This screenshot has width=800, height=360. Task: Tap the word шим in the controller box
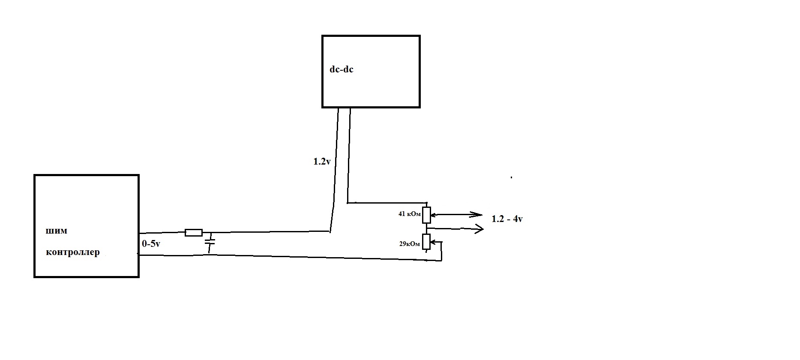click(57, 231)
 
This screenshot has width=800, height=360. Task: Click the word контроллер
click(73, 252)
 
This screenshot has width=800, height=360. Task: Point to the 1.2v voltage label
click(322, 162)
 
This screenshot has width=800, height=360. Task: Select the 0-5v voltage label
click(151, 244)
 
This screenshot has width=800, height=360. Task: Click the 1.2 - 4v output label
click(507, 219)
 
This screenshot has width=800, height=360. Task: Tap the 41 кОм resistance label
click(410, 213)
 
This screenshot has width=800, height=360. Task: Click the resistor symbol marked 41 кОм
click(426, 215)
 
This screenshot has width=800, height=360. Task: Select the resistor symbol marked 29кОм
click(426, 242)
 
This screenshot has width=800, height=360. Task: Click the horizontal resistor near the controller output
click(194, 233)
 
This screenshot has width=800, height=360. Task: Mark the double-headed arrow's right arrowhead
click(476, 215)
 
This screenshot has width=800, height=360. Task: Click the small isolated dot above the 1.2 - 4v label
click(511, 177)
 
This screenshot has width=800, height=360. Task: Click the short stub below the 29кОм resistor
click(427, 251)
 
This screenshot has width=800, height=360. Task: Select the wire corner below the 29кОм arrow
click(441, 260)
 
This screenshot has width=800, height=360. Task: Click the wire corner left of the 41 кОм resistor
click(348, 202)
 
